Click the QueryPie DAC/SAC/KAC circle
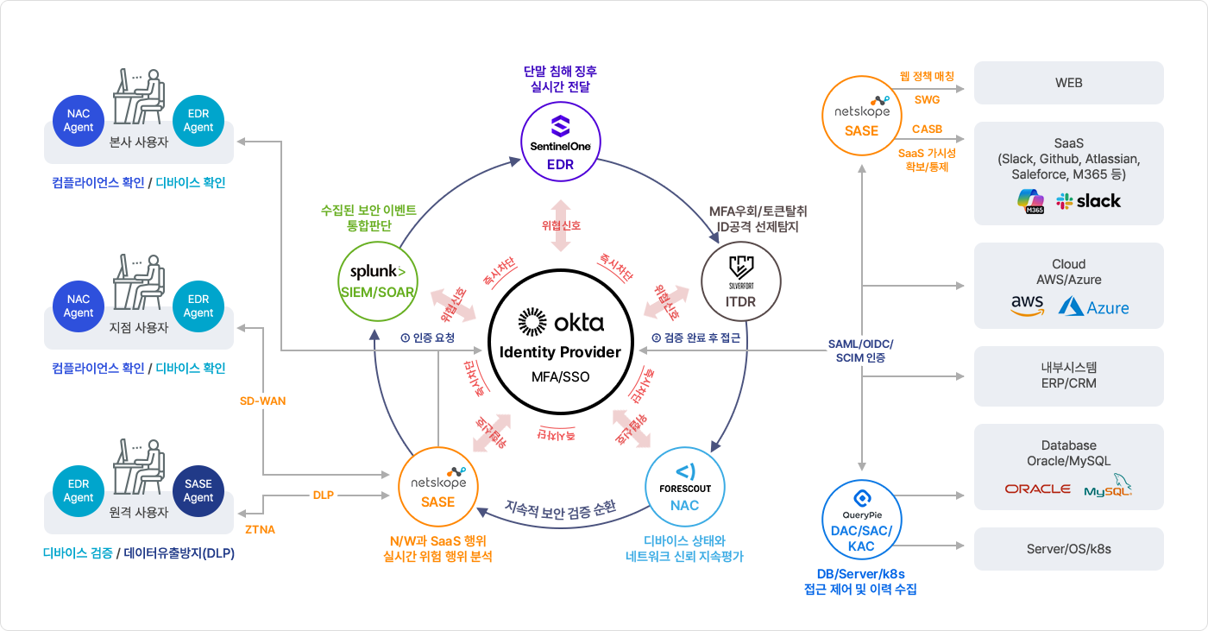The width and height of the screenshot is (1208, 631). (861, 522)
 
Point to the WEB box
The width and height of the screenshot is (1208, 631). (1068, 83)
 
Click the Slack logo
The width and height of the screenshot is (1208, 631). (1089, 201)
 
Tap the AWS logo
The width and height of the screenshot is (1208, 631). (1027, 306)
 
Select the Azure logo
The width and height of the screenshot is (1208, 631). (1094, 306)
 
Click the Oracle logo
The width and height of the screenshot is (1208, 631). (1037, 489)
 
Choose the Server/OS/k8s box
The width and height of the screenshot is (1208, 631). (1068, 549)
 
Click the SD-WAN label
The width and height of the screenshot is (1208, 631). (263, 401)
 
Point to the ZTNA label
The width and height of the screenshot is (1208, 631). (260, 529)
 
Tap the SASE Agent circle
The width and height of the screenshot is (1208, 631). (198, 491)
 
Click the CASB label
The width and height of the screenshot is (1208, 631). (927, 129)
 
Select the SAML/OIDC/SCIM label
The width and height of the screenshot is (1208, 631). (860, 350)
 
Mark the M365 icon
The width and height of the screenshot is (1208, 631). (1030, 202)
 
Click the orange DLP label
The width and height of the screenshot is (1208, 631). (324, 495)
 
